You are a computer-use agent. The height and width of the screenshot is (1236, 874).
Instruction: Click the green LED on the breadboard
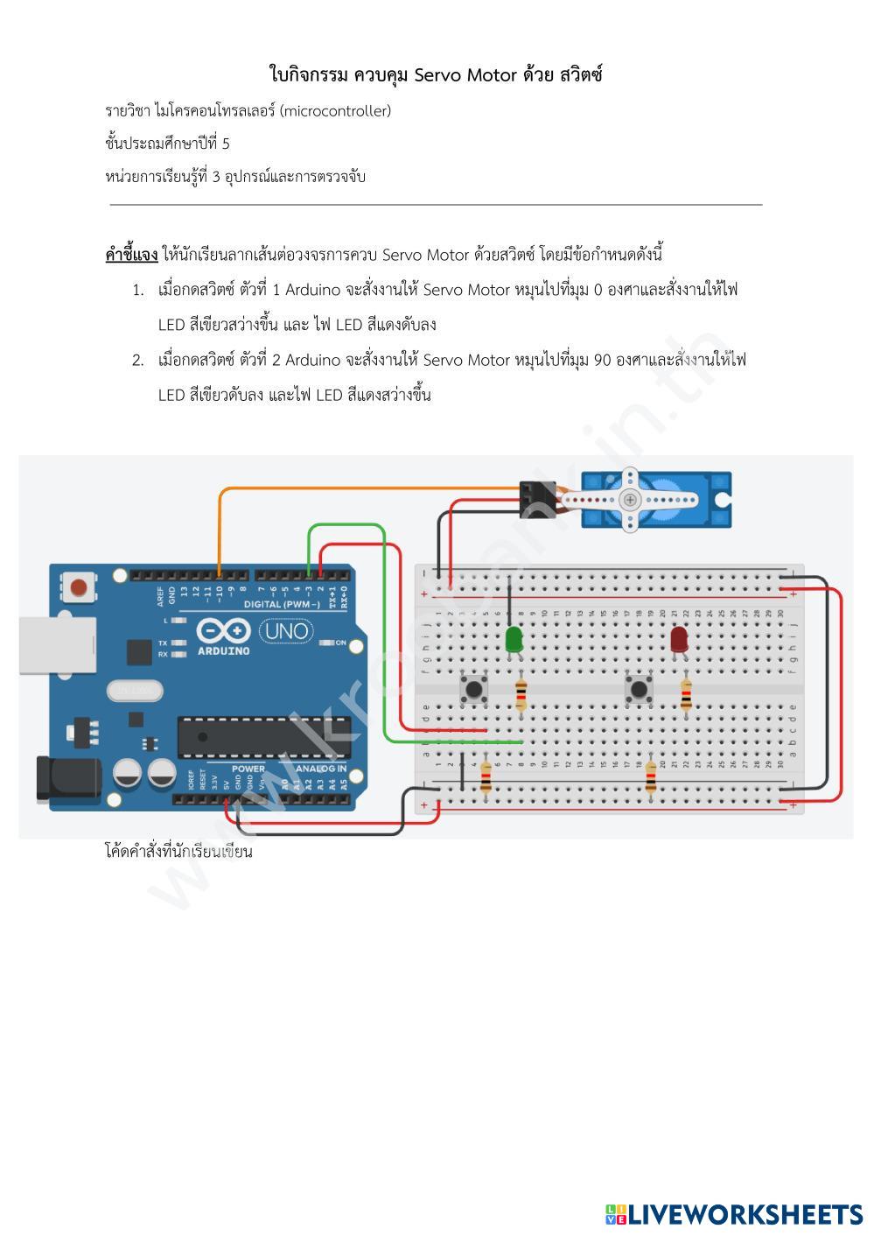(x=514, y=637)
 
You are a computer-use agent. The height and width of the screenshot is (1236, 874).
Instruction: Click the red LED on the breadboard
(x=679, y=638)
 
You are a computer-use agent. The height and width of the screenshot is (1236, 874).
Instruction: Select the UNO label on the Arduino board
(x=287, y=630)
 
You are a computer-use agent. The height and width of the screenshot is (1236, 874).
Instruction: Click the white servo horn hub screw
(x=629, y=499)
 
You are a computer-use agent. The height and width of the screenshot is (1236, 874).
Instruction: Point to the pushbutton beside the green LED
(x=474, y=688)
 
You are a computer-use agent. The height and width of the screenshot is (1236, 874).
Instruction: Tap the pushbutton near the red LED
(x=639, y=688)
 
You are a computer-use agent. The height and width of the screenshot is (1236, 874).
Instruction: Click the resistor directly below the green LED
(x=521, y=695)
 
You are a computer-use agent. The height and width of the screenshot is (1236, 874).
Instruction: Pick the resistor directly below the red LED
(x=686, y=695)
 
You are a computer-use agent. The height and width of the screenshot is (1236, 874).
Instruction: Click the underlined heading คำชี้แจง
(x=131, y=255)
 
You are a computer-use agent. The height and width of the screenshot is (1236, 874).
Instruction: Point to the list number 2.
(x=137, y=360)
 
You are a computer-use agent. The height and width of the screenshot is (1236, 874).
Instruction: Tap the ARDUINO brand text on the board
(x=223, y=651)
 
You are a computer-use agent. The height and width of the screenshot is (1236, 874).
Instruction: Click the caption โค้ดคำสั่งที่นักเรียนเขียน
(x=178, y=851)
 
